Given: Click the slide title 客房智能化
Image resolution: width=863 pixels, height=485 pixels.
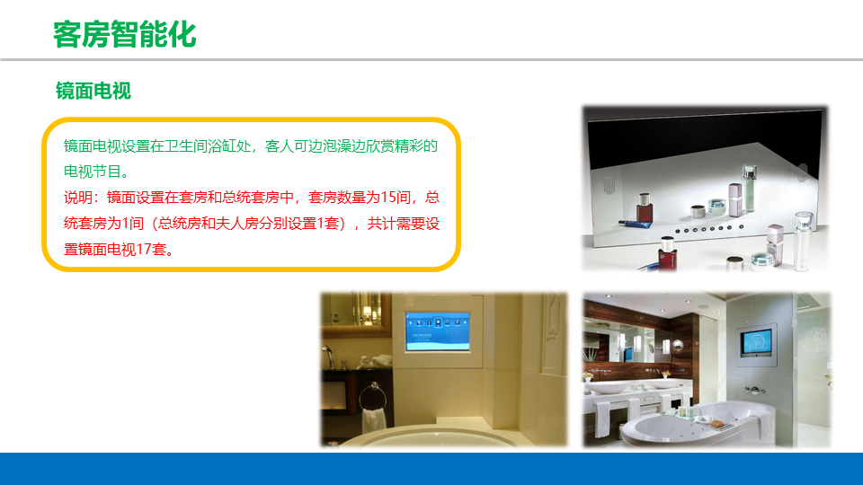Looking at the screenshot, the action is click(x=124, y=35).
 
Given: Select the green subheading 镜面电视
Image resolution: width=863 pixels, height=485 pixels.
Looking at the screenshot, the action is click(x=93, y=91).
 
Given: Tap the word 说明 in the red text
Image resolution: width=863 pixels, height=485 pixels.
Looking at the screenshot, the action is click(x=78, y=198).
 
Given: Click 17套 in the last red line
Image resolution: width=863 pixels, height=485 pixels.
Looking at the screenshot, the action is click(x=151, y=250).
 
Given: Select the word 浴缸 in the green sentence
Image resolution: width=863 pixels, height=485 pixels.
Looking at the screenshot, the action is click(x=222, y=146).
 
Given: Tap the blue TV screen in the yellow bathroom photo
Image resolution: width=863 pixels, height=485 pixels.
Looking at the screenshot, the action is click(x=438, y=331).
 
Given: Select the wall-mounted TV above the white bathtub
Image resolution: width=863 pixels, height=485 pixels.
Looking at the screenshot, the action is click(x=756, y=341).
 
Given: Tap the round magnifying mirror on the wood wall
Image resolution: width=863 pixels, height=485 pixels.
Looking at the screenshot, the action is click(x=678, y=345).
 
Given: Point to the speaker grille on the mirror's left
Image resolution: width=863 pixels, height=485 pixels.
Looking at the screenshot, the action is click(x=609, y=184).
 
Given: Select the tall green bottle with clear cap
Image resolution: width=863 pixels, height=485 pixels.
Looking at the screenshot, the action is click(x=749, y=189).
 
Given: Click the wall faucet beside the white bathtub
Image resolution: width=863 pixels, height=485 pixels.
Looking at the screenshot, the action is click(x=754, y=391).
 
